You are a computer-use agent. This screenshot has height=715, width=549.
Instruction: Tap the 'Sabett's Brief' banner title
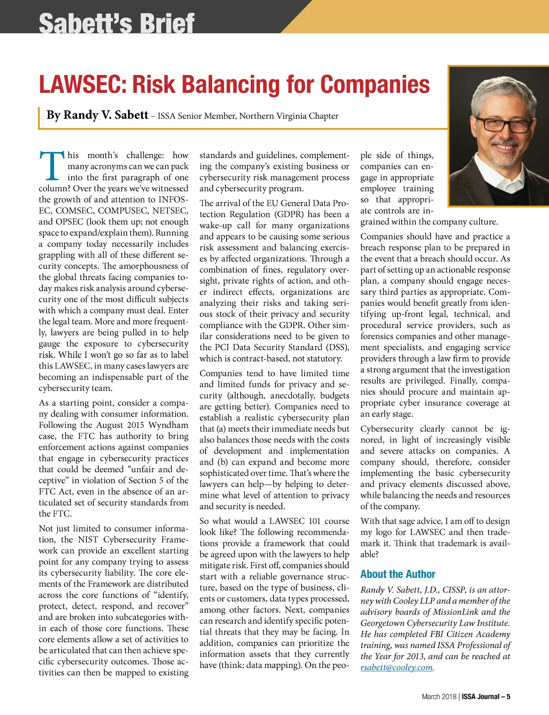117,23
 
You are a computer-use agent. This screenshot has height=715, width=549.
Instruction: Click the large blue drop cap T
51,165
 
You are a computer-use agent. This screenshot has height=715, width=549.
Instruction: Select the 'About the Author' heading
398,574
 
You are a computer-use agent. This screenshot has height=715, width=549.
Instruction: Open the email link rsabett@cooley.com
396,667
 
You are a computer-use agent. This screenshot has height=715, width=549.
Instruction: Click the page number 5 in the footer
508,697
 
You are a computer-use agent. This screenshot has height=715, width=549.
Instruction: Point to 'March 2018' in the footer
439,697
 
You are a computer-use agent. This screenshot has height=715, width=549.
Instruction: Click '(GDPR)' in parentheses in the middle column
289,214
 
